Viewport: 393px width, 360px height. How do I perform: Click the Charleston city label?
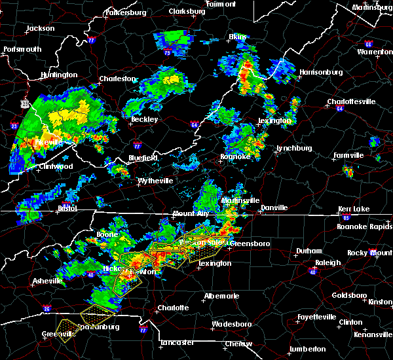tap(117, 79)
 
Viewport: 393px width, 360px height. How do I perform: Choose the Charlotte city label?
tap(172, 308)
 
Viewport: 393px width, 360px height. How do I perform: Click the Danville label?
tap(274, 207)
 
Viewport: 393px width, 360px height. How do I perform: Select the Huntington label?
tap(58, 75)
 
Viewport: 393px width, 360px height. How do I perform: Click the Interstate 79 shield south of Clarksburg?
tap(167, 52)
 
